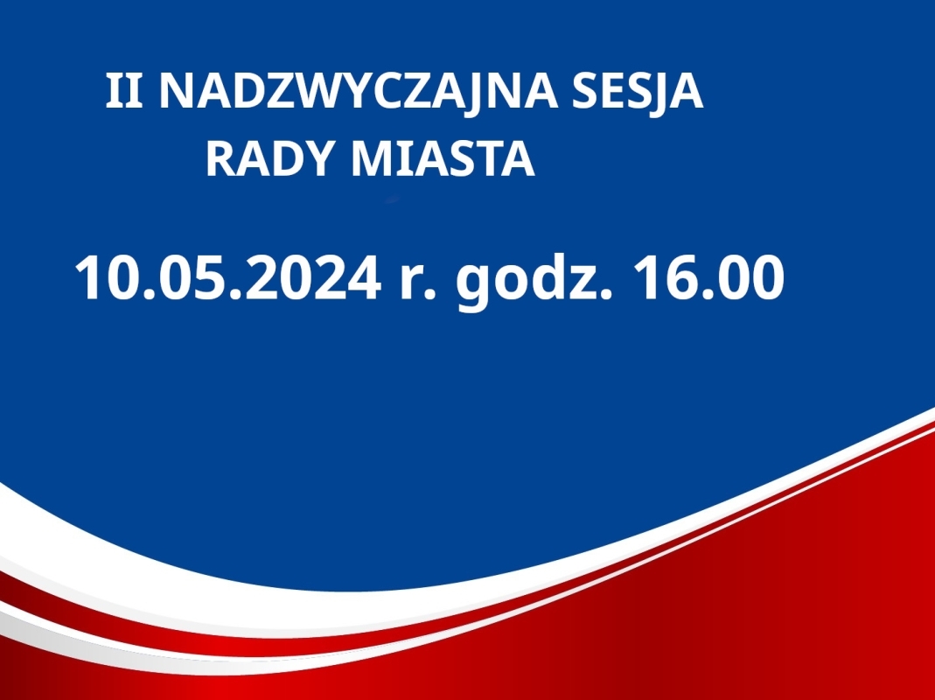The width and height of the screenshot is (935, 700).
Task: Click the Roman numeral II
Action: tap(124, 91)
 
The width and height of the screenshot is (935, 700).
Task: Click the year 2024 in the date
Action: tap(313, 278)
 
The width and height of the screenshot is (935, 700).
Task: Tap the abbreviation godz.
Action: tap(534, 281)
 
